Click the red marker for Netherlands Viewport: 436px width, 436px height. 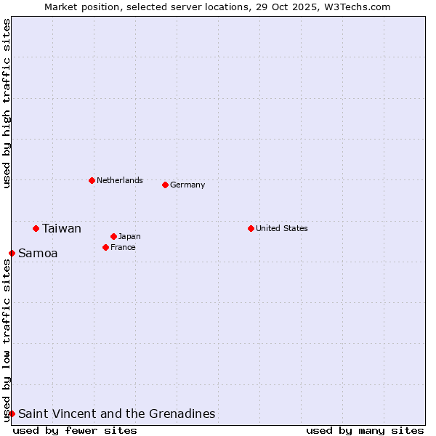pyautogui.click(x=92, y=180)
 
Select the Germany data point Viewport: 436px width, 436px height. pyautogui.click(x=165, y=185)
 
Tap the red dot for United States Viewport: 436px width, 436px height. pyautogui.click(x=251, y=228)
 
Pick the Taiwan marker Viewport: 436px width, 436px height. pyautogui.click(x=36, y=228)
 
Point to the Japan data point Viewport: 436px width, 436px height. pyautogui.click(x=113, y=236)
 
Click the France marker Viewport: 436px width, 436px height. pyautogui.click(x=105, y=247)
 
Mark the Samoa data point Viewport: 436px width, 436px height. pyautogui.click(x=12, y=253)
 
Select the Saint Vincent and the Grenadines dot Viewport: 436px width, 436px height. pyautogui.click(x=12, y=413)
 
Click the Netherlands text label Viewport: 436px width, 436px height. pyautogui.click(x=119, y=180)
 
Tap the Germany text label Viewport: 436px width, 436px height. pyautogui.click(x=187, y=185)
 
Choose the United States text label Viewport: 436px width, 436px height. pyautogui.click(x=281, y=228)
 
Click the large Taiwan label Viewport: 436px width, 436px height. pyautogui.click(x=62, y=228)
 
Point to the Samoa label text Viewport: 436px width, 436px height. pyautogui.click(x=38, y=253)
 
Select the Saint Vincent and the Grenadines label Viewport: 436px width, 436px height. pyautogui.click(x=116, y=413)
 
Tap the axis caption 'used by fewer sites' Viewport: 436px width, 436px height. pyautogui.click(x=75, y=430)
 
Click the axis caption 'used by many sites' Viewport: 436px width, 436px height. pyautogui.click(x=365, y=430)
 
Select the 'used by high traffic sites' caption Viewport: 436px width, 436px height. pyautogui.click(x=7, y=103)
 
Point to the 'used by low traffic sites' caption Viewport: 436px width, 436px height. pyautogui.click(x=7, y=340)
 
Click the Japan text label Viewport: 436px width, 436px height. pyautogui.click(x=129, y=236)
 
